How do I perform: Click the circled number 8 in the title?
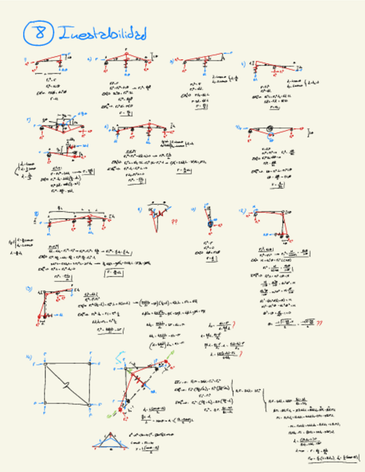(x=38, y=33)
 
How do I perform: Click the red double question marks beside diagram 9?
(x=174, y=220)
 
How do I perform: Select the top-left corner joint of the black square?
(x=45, y=364)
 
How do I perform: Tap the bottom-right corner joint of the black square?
(x=90, y=405)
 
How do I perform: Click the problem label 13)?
(x=28, y=288)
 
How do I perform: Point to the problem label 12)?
(x=243, y=211)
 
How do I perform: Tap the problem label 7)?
(x=28, y=119)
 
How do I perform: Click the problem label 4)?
(x=243, y=63)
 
